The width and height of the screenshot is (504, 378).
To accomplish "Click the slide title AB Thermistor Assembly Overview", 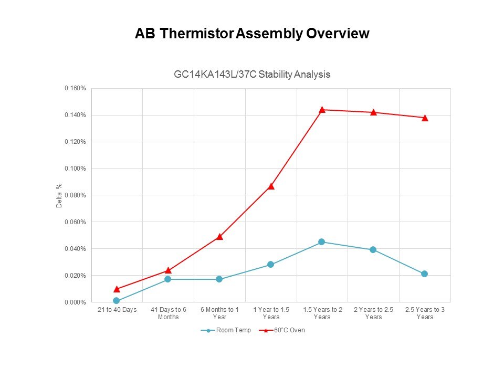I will point(252,34).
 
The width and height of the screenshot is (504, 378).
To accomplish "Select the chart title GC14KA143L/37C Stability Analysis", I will point(252,74).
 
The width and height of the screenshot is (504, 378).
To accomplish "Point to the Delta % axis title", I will point(59,195).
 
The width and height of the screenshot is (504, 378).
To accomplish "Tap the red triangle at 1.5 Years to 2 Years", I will point(322,109).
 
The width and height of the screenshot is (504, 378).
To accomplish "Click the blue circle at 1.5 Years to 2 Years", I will point(322,242).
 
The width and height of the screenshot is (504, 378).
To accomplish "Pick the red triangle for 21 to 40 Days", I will point(117,289).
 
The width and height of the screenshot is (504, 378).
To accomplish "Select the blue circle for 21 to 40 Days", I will point(117,301).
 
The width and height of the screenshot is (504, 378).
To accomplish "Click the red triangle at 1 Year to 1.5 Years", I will point(271,186).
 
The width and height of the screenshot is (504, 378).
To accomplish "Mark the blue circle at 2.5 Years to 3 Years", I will point(424,274).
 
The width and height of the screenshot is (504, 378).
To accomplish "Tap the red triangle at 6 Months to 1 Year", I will point(219,236).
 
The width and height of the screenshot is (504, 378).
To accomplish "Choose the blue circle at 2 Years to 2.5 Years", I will point(373,250).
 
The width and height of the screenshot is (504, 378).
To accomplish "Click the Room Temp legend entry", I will point(226,330).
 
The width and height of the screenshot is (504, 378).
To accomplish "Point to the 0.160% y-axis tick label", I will point(75,88).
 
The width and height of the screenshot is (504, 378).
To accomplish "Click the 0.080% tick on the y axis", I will point(75,195).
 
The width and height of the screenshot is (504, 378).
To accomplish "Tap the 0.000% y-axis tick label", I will point(75,302).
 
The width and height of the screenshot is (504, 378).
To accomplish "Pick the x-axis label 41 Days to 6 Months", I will point(168,313).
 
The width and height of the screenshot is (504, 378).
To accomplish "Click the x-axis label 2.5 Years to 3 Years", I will point(425,313).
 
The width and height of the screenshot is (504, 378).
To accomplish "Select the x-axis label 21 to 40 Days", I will point(117,310).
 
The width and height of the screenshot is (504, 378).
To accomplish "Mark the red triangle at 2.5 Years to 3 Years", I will point(424,118).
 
